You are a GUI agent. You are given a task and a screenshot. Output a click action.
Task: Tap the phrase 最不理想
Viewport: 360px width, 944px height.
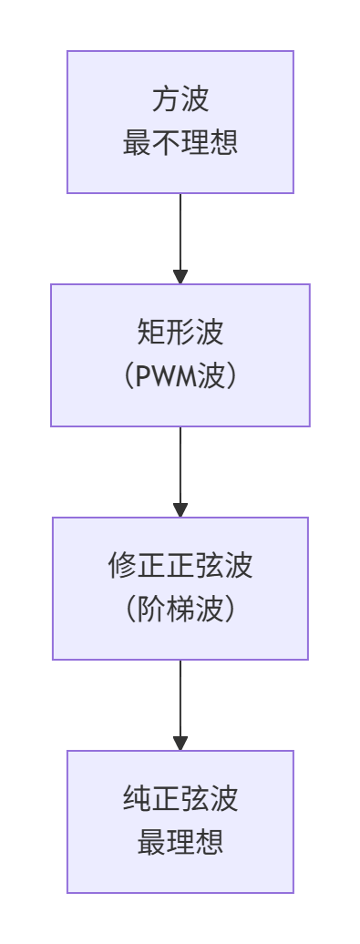(180, 144)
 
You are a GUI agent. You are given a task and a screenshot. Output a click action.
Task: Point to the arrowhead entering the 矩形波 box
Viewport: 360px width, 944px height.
(180, 276)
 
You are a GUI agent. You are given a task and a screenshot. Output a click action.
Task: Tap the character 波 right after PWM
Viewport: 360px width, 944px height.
(211, 377)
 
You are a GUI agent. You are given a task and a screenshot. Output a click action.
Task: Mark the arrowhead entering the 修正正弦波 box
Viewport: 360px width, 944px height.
(180, 509)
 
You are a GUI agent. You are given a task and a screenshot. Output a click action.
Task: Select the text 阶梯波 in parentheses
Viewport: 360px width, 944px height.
(180, 611)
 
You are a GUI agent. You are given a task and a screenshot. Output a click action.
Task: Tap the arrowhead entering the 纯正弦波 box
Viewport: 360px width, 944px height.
(180, 743)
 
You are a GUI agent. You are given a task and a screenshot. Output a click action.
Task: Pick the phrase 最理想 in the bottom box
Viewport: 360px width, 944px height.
(180, 844)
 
